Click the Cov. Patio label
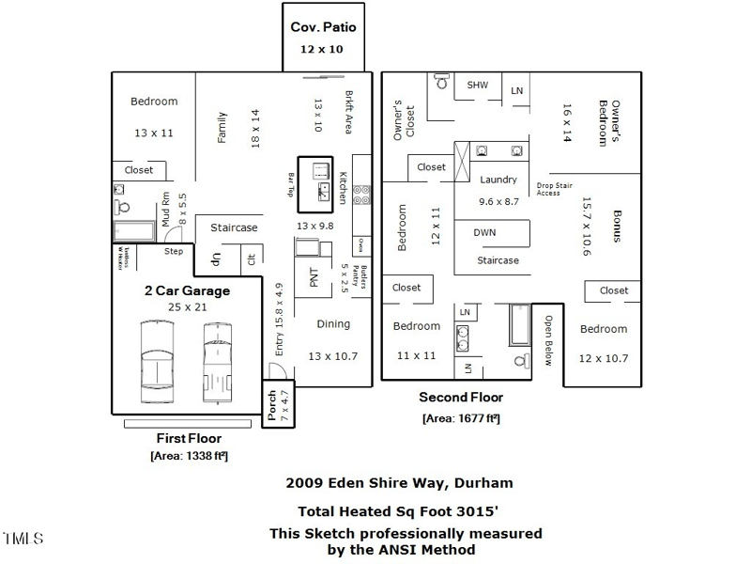322,27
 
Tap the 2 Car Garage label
187,290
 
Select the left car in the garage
157,353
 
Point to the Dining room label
333,324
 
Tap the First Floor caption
189,438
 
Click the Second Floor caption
461,398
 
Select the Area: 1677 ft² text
461,418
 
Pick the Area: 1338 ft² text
189,456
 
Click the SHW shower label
478,86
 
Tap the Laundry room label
498,180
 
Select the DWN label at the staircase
485,231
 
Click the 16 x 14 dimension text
566,123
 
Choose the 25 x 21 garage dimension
187,307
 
